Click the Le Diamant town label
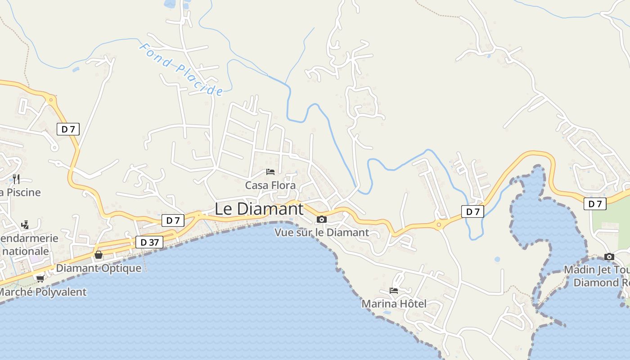(259, 209)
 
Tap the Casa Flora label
(270, 185)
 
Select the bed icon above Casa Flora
(270, 172)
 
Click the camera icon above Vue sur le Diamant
(321, 220)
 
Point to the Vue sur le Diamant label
(321, 233)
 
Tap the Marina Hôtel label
(394, 304)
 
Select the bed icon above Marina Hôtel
(394, 291)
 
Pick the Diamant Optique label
(99, 268)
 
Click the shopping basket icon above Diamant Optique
(99, 255)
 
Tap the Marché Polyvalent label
(43, 292)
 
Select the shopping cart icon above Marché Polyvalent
(40, 279)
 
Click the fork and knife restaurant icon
(16, 179)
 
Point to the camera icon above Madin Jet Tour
(609, 257)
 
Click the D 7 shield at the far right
(595, 204)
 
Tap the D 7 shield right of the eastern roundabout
(472, 211)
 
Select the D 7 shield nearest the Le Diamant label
(173, 220)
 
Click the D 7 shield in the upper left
(68, 129)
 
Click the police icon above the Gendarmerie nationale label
(25, 225)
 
